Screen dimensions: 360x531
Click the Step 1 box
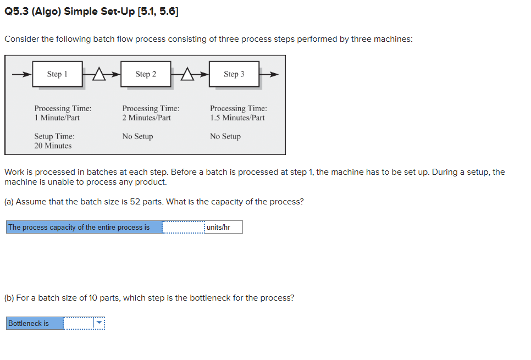57,74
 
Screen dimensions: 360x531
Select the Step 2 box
146,74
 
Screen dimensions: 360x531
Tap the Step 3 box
234,74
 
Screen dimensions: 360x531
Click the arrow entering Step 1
22,74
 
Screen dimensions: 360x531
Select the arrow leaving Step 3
269,74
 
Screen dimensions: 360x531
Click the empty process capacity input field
183,228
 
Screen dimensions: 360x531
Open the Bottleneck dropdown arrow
99,324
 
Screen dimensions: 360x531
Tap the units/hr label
219,228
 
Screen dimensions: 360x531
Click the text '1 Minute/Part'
57,118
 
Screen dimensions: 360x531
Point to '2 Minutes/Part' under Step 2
146,118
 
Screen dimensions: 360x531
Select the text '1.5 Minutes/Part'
237,118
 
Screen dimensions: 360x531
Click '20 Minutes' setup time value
53,146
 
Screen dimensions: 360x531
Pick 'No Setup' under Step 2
137,136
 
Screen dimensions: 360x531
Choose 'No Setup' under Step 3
225,136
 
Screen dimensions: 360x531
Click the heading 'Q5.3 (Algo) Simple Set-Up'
69,12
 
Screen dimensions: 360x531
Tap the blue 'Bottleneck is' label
29,324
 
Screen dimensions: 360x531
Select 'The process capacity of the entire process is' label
79,228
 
